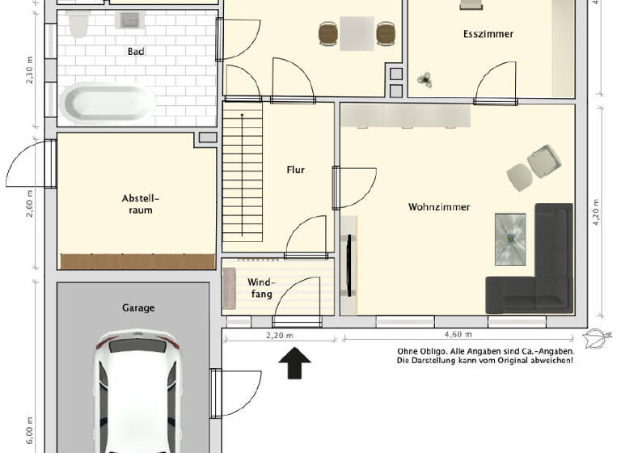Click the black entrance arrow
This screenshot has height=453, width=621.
tap(295, 363)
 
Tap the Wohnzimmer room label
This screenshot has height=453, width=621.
tap(438, 207)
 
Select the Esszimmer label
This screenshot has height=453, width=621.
tap(488, 34)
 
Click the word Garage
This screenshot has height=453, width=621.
tap(138, 307)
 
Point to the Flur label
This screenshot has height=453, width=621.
tap(295, 170)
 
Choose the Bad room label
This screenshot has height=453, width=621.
tap(136, 52)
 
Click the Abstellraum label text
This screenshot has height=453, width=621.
tap(137, 204)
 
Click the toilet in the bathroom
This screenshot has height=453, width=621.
tap(78, 26)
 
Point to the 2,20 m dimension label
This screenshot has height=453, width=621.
tap(279, 334)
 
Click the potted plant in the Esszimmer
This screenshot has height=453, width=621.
tap(424, 78)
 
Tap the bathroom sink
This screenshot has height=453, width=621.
tap(129, 20)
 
